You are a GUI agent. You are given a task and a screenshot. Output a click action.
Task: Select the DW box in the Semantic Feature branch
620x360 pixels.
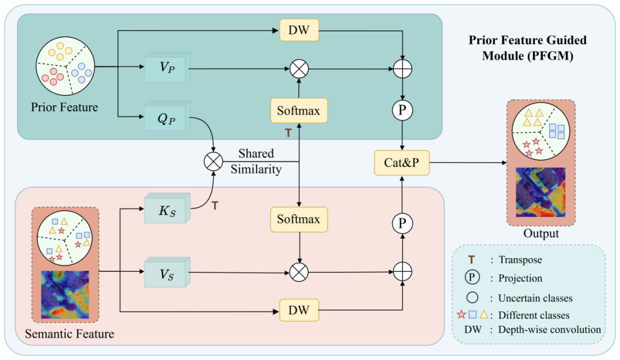pyautogui.click(x=298, y=310)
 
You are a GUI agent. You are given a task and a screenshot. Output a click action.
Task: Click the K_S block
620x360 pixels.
pyautogui.click(x=165, y=209)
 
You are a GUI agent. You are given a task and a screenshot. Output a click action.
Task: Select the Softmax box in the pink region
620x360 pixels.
pyautogui.click(x=298, y=219)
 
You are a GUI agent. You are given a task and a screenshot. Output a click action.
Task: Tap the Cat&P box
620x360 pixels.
pyautogui.click(x=401, y=163)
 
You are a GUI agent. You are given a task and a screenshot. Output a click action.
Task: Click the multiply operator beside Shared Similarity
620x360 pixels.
pyautogui.click(x=213, y=162)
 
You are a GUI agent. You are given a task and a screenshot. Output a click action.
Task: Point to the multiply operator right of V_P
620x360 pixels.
pyautogui.click(x=298, y=69)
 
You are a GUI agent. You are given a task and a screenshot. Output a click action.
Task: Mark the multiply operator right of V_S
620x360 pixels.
pyautogui.click(x=298, y=272)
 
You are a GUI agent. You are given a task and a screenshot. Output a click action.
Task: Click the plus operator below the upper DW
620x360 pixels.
pyautogui.click(x=403, y=69)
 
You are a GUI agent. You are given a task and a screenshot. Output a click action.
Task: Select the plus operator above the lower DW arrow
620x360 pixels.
pyautogui.click(x=403, y=272)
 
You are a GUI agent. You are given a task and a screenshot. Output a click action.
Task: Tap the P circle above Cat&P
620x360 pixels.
pyautogui.click(x=403, y=109)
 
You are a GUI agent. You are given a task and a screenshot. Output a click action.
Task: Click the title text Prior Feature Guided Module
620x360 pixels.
pyautogui.click(x=527, y=41)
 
